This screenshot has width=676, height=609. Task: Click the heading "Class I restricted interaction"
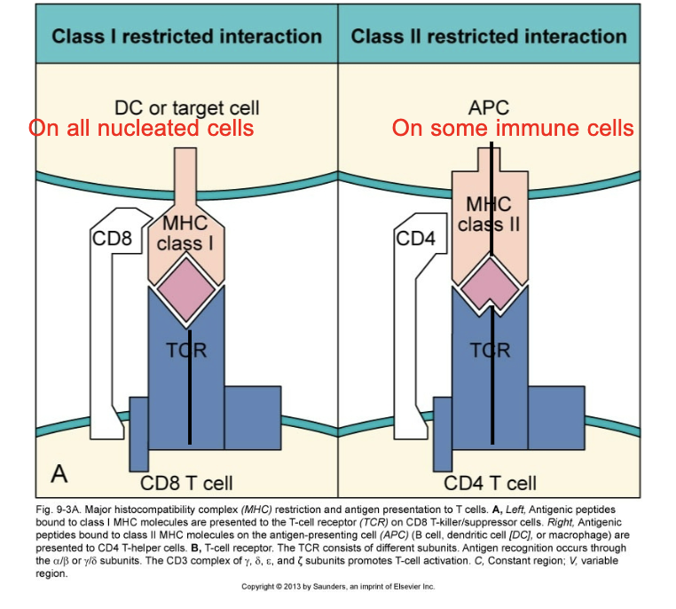186,36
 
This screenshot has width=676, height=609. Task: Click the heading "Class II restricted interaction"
489,36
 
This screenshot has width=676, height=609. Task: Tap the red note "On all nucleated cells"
142,128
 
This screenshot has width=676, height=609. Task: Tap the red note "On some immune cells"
513,128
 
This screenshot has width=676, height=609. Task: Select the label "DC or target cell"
187,108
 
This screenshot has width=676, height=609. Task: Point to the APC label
489,108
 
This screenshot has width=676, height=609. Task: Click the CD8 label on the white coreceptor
112,238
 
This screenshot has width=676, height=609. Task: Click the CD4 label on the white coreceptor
413,238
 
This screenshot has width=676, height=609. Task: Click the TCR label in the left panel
186,350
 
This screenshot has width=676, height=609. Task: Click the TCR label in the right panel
491,350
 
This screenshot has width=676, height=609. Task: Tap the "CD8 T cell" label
187,483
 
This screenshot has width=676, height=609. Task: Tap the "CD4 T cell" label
490,483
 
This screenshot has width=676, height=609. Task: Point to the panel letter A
59,473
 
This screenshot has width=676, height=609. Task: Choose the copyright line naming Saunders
338,587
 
